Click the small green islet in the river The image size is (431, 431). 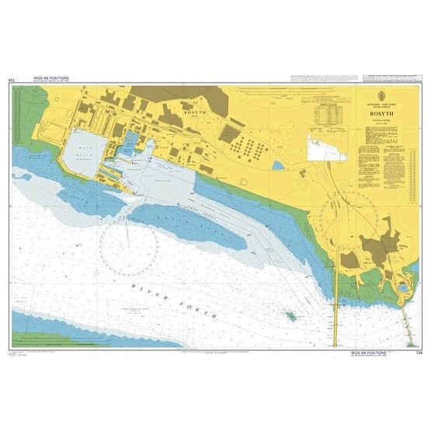pos(290,317)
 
